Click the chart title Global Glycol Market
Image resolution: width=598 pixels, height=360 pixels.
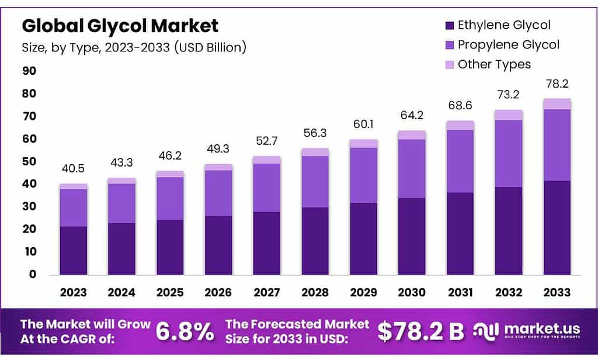[x=120, y=26]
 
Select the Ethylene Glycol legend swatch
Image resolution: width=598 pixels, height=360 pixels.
[x=449, y=25]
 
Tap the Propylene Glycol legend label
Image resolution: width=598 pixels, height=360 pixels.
[x=508, y=44]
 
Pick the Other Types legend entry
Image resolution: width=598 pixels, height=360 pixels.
[x=494, y=64]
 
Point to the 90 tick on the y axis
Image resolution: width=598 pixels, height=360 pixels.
[x=29, y=71]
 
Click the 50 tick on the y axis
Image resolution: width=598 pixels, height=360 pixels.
[x=29, y=161]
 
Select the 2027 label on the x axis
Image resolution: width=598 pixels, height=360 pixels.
[x=266, y=292]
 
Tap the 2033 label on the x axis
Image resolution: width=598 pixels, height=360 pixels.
[x=557, y=292]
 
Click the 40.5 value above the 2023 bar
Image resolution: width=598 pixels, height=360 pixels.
[x=73, y=169]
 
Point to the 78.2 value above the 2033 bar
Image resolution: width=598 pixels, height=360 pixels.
[x=557, y=84]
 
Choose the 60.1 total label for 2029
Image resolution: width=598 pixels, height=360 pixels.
[x=363, y=124]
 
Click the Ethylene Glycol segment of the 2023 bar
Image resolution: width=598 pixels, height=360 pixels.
[x=73, y=250]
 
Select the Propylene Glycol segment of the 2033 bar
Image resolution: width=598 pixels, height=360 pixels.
[x=557, y=145]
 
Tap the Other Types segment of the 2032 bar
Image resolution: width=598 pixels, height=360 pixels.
[x=509, y=115]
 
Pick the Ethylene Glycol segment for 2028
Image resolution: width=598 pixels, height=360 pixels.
[x=315, y=240]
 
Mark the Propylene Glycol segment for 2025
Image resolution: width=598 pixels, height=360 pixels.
[x=170, y=198]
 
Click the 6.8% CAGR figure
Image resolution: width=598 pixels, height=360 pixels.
[x=185, y=331]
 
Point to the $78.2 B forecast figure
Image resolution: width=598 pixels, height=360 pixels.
[x=420, y=331]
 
